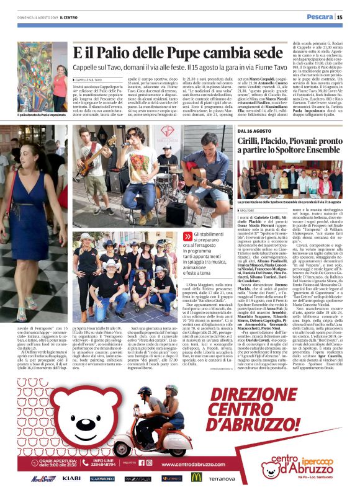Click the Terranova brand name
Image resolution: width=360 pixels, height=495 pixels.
pos(221,478)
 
